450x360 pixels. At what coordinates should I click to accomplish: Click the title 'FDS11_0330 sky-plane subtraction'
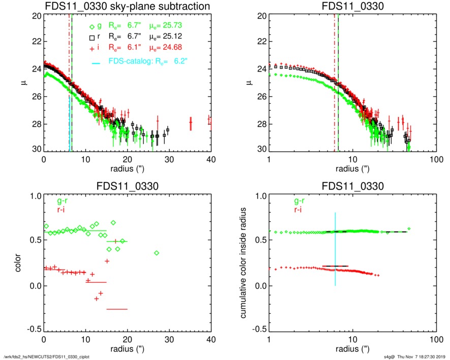click(x=127, y=6)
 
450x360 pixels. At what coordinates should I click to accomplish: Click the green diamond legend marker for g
click(x=92, y=26)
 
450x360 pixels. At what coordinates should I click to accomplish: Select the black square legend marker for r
click(x=92, y=37)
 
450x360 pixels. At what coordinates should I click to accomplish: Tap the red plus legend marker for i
click(x=92, y=47)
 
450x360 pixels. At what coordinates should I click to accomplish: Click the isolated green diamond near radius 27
click(x=157, y=253)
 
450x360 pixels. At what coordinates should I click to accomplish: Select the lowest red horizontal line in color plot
click(x=117, y=309)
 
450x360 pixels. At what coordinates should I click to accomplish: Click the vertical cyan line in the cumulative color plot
click(x=335, y=249)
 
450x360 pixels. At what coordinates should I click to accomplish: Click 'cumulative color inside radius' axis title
click(x=244, y=262)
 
